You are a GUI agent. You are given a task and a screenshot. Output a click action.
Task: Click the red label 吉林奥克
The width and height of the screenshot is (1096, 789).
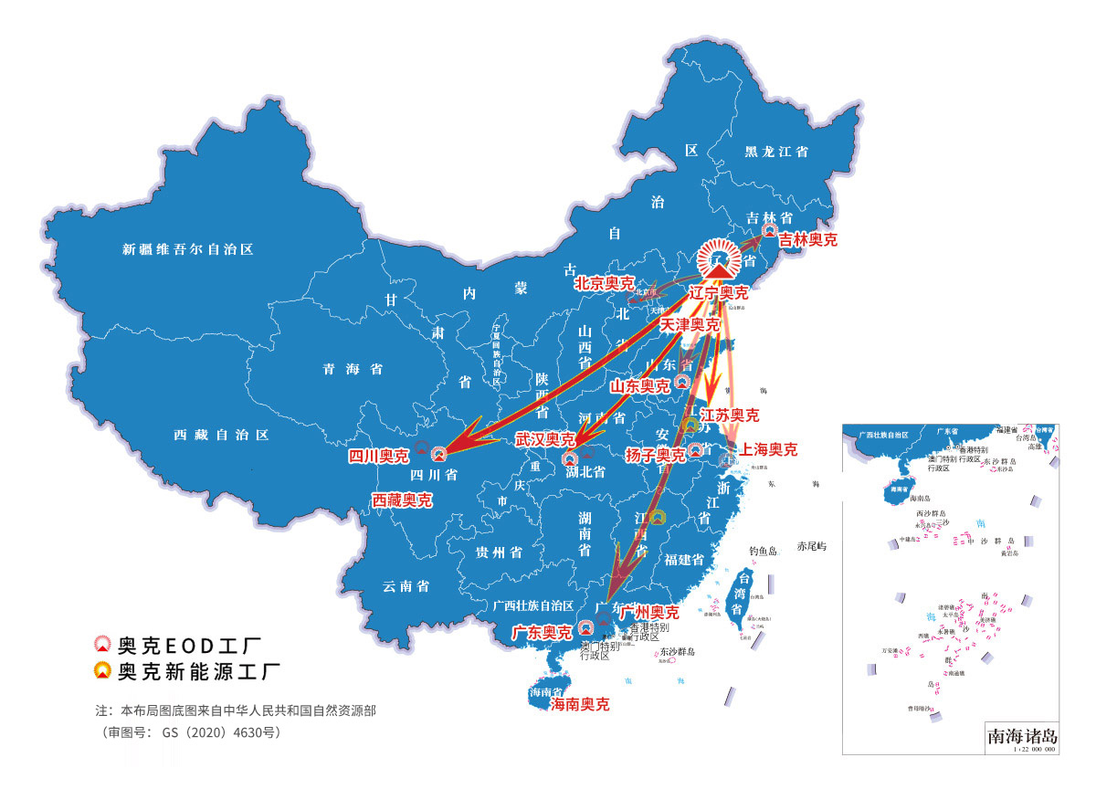(x=807, y=240)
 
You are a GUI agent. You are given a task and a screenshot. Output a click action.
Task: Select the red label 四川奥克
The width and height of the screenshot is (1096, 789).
(x=379, y=456)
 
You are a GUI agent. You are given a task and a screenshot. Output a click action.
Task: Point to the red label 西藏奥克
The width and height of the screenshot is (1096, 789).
(x=402, y=500)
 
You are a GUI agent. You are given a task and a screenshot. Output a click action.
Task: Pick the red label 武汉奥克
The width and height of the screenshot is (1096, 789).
(x=544, y=440)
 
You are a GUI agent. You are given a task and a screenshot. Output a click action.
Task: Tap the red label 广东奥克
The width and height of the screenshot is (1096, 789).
(x=542, y=632)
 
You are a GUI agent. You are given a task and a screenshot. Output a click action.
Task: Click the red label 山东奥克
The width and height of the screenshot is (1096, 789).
(x=639, y=386)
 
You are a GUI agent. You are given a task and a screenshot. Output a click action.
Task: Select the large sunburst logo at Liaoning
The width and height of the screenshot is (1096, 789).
(x=720, y=261)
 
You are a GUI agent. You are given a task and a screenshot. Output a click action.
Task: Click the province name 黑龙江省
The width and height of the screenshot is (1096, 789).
(x=776, y=153)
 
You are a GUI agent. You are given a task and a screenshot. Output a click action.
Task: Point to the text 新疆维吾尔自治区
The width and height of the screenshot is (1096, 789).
(x=187, y=248)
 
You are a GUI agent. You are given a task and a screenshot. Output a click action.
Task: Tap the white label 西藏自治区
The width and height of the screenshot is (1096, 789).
(x=221, y=436)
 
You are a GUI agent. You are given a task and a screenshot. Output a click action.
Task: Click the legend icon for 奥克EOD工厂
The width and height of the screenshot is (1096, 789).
(x=103, y=646)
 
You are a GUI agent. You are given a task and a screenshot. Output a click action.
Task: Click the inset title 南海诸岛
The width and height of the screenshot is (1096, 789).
(x=1022, y=734)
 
